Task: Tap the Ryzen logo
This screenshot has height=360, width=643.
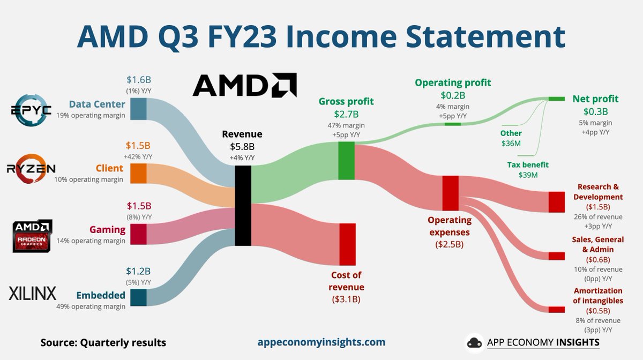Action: (31, 169)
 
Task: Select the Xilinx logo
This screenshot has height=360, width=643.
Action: (32, 292)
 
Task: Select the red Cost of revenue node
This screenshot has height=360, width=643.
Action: (347, 244)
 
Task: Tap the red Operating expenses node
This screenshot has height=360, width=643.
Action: (450, 193)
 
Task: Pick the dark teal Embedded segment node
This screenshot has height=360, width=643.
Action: (138, 297)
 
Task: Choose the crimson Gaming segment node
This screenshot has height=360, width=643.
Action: (138, 234)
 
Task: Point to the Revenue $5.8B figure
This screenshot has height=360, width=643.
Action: (243, 146)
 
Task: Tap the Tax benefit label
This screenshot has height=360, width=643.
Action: (528, 165)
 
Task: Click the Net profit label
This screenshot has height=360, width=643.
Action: (595, 99)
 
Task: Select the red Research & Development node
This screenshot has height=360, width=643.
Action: (557, 201)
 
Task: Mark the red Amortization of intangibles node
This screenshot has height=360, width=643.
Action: (557, 310)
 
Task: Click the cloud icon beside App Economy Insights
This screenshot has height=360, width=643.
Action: (475, 342)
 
